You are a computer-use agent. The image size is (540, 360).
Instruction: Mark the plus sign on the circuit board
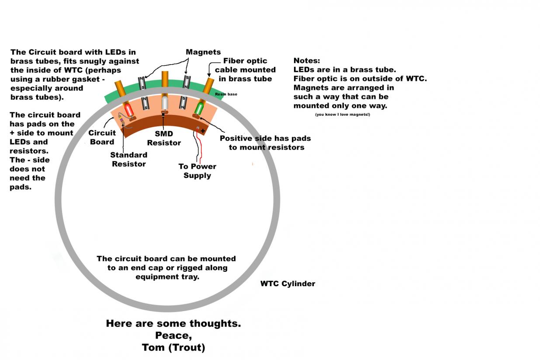point(203,131)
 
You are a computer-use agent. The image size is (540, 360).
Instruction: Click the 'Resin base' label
point(226,94)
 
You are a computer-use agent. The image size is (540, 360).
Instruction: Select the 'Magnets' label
point(203,52)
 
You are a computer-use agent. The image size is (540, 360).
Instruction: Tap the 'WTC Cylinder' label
point(287,284)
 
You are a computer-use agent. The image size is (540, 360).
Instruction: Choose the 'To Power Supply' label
point(197,171)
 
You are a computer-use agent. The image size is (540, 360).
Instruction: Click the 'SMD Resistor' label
point(164,138)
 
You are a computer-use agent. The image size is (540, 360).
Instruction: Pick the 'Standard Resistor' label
point(128,159)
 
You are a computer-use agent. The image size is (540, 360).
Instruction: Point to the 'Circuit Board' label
point(102,137)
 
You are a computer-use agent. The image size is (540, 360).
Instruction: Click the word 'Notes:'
point(307,61)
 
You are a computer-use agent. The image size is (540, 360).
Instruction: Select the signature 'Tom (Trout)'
point(173,347)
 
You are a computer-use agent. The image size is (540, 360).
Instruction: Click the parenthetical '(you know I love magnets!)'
point(342,114)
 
